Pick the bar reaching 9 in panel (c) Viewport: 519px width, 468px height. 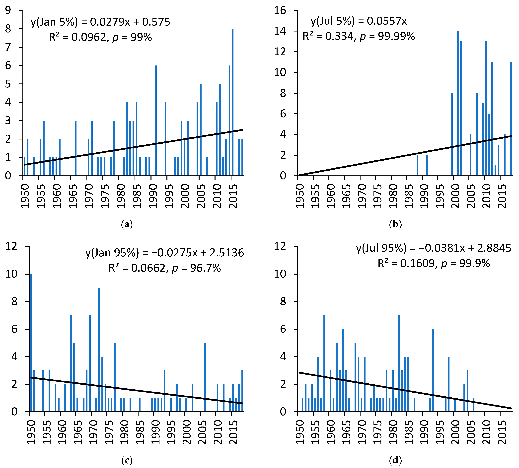point(99,350)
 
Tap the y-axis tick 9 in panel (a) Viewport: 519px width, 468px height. point(8,10)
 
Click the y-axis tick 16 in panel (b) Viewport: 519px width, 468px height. point(280,10)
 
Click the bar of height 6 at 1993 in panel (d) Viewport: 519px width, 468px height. point(433,370)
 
